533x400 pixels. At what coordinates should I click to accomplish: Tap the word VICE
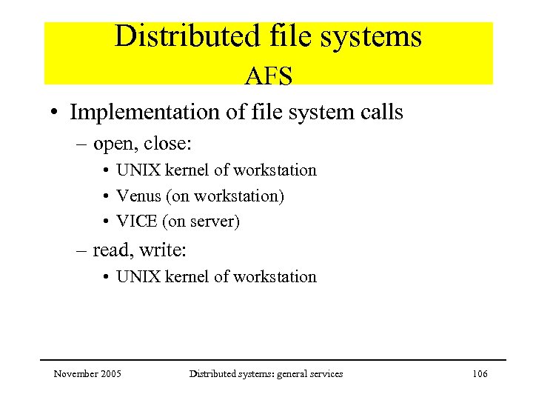coord(136,221)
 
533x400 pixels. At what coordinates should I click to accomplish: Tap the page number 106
coord(480,374)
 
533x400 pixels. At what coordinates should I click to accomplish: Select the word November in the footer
coord(75,374)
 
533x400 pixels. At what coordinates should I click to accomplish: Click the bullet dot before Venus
coord(108,197)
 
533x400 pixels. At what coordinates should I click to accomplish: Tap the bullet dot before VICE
coord(108,222)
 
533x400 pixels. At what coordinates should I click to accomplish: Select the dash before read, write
coord(84,251)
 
